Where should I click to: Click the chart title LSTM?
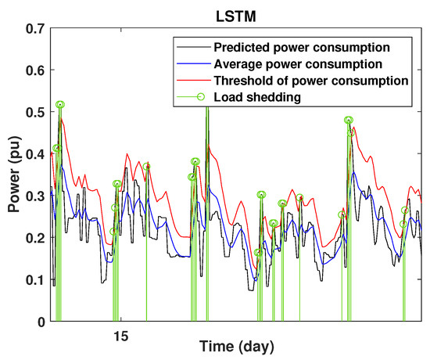tap(235, 13)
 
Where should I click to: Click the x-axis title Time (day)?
tap(235, 347)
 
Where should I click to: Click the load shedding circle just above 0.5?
tap(60, 104)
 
